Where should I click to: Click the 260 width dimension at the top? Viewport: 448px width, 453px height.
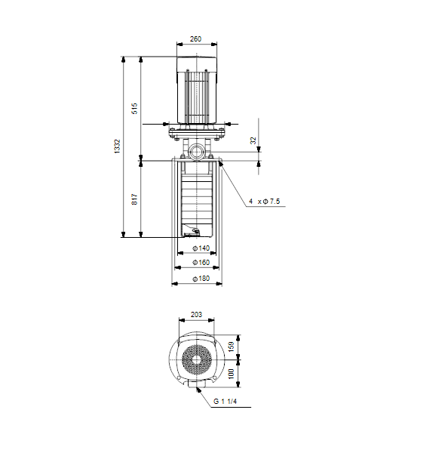195,39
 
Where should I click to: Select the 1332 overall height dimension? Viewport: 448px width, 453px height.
117,146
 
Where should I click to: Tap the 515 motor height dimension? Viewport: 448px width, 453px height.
135,108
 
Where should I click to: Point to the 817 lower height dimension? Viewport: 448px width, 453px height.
135,199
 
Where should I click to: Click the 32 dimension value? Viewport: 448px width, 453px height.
253,140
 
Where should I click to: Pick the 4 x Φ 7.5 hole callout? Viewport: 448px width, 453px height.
265,201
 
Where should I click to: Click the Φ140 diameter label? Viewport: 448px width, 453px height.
201,248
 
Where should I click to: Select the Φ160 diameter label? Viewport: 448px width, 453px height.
201,262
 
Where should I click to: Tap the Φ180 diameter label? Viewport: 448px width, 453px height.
201,279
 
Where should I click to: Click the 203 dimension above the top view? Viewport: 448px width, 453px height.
196,315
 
